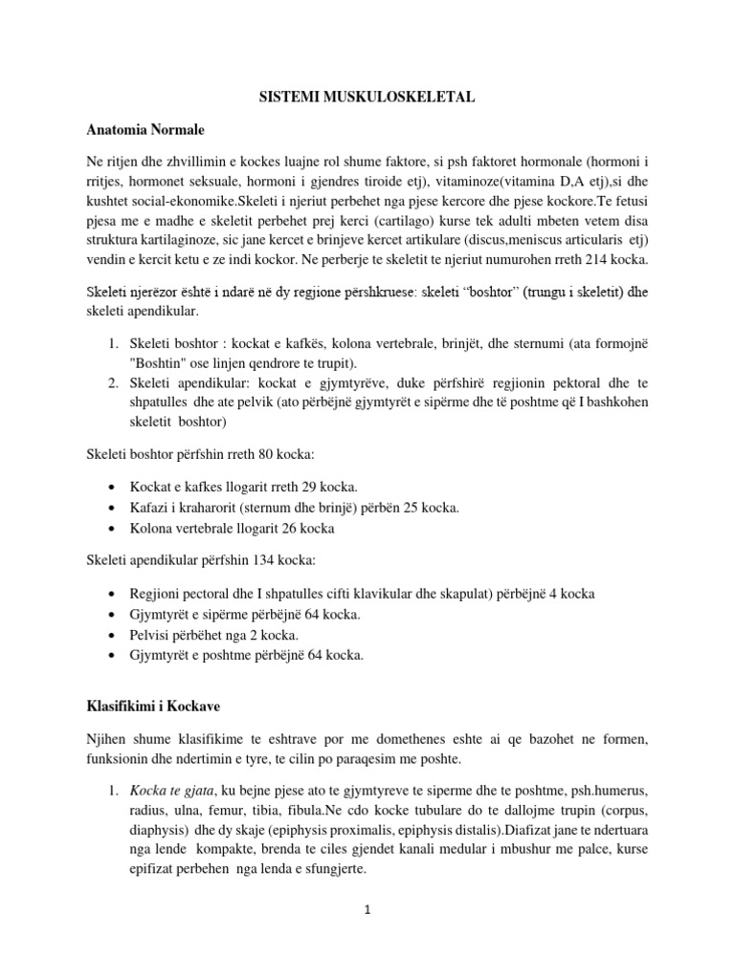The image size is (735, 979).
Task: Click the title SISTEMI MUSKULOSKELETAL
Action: (x=367, y=98)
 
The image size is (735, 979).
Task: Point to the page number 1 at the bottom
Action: (x=367, y=910)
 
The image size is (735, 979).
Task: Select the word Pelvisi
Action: (x=148, y=636)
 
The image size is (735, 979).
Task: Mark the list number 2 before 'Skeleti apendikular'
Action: (x=111, y=382)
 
